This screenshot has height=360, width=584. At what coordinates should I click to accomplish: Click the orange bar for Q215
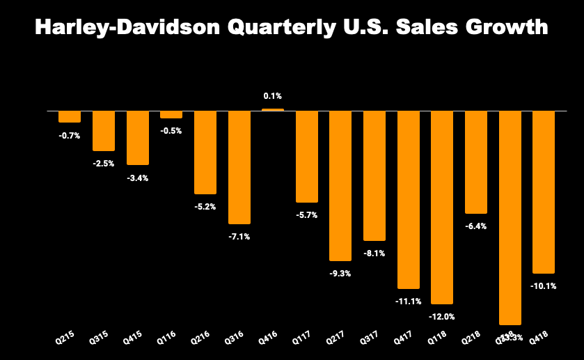69,117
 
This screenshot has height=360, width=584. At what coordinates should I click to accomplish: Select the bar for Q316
239,167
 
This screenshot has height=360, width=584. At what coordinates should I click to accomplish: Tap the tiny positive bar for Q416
273,109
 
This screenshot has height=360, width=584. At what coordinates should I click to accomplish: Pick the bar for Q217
340,186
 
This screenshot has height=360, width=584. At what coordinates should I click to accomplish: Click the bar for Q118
442,208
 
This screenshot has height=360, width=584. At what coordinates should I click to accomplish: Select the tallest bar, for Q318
510,217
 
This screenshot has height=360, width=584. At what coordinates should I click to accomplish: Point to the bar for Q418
544,192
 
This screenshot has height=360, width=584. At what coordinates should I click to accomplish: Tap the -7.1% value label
239,237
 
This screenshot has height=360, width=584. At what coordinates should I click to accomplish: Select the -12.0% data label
442,317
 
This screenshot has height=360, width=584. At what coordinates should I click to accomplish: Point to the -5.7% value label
306,215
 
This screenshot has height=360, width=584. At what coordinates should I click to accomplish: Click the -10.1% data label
544,286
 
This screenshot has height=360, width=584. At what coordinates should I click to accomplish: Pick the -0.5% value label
171,131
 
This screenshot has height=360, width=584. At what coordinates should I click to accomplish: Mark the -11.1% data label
408,302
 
